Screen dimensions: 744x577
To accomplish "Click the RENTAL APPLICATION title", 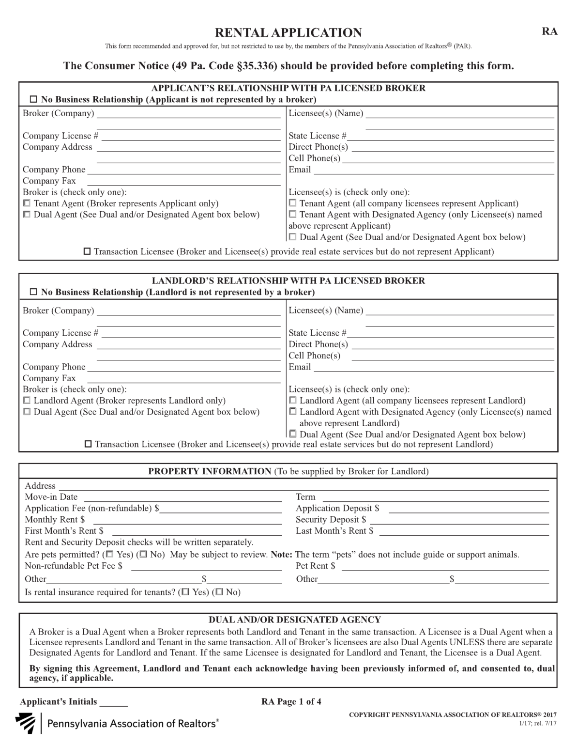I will point(288,32).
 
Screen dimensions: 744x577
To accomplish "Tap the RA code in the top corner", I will point(549,31).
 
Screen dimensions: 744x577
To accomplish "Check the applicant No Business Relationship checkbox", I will point(33,99).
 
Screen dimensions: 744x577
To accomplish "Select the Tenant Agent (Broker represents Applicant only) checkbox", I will point(27,203).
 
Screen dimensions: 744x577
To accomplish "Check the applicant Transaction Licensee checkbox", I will point(87,251).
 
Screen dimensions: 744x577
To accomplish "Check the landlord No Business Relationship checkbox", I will point(33,292).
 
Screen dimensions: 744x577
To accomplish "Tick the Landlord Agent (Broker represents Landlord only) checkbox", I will point(27,401).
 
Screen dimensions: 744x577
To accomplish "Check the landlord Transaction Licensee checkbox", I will point(88,444).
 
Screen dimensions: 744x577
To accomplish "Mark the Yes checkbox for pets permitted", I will point(110,554).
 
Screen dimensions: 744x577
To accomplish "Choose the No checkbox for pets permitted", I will point(143,554).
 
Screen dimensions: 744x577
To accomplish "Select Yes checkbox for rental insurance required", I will point(185,592).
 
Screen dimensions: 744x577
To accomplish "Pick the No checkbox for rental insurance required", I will point(219,592).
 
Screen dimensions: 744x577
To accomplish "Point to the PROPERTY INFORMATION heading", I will point(210,471).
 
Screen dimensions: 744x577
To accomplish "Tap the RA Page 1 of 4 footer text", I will point(291,701).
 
